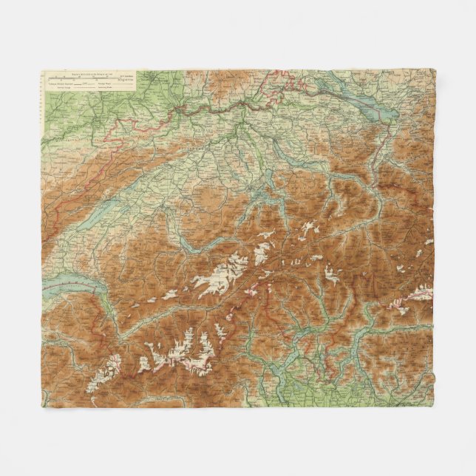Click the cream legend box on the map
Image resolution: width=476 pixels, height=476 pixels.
[x=89, y=81]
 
